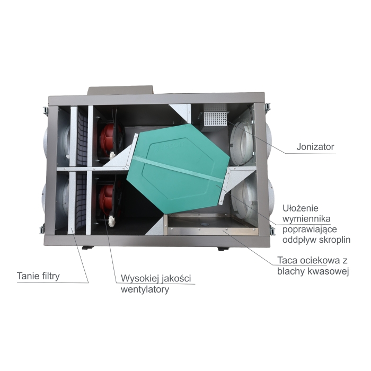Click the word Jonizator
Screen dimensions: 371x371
coord(315,147)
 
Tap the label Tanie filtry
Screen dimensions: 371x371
coord(38,276)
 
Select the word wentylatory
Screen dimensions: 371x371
coord(145,289)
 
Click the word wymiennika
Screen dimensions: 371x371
coord(306,219)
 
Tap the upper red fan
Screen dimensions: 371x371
coord(109,142)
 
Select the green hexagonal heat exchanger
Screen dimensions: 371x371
coord(178,168)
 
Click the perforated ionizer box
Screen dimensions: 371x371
coord(214,118)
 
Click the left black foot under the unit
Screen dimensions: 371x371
coord(87,248)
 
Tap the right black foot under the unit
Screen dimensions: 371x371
coord(223,249)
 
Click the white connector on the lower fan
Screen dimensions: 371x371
coord(111,221)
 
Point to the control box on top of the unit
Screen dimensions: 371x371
coord(120,91)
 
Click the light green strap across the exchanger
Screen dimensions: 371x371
coord(178,169)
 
